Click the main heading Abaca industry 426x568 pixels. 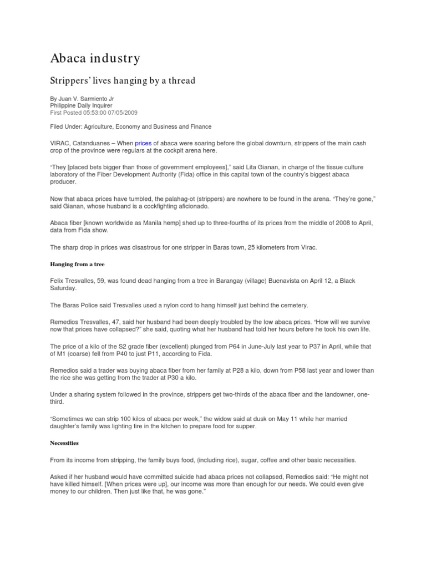pyautogui.click(x=95, y=58)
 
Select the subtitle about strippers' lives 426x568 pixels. pyautogui.click(x=123, y=81)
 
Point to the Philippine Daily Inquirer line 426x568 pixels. pyautogui.click(x=82, y=105)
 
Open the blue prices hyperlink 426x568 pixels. pyautogui.click(x=143, y=143)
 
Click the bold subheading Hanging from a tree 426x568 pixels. pyautogui.click(x=77, y=264)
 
